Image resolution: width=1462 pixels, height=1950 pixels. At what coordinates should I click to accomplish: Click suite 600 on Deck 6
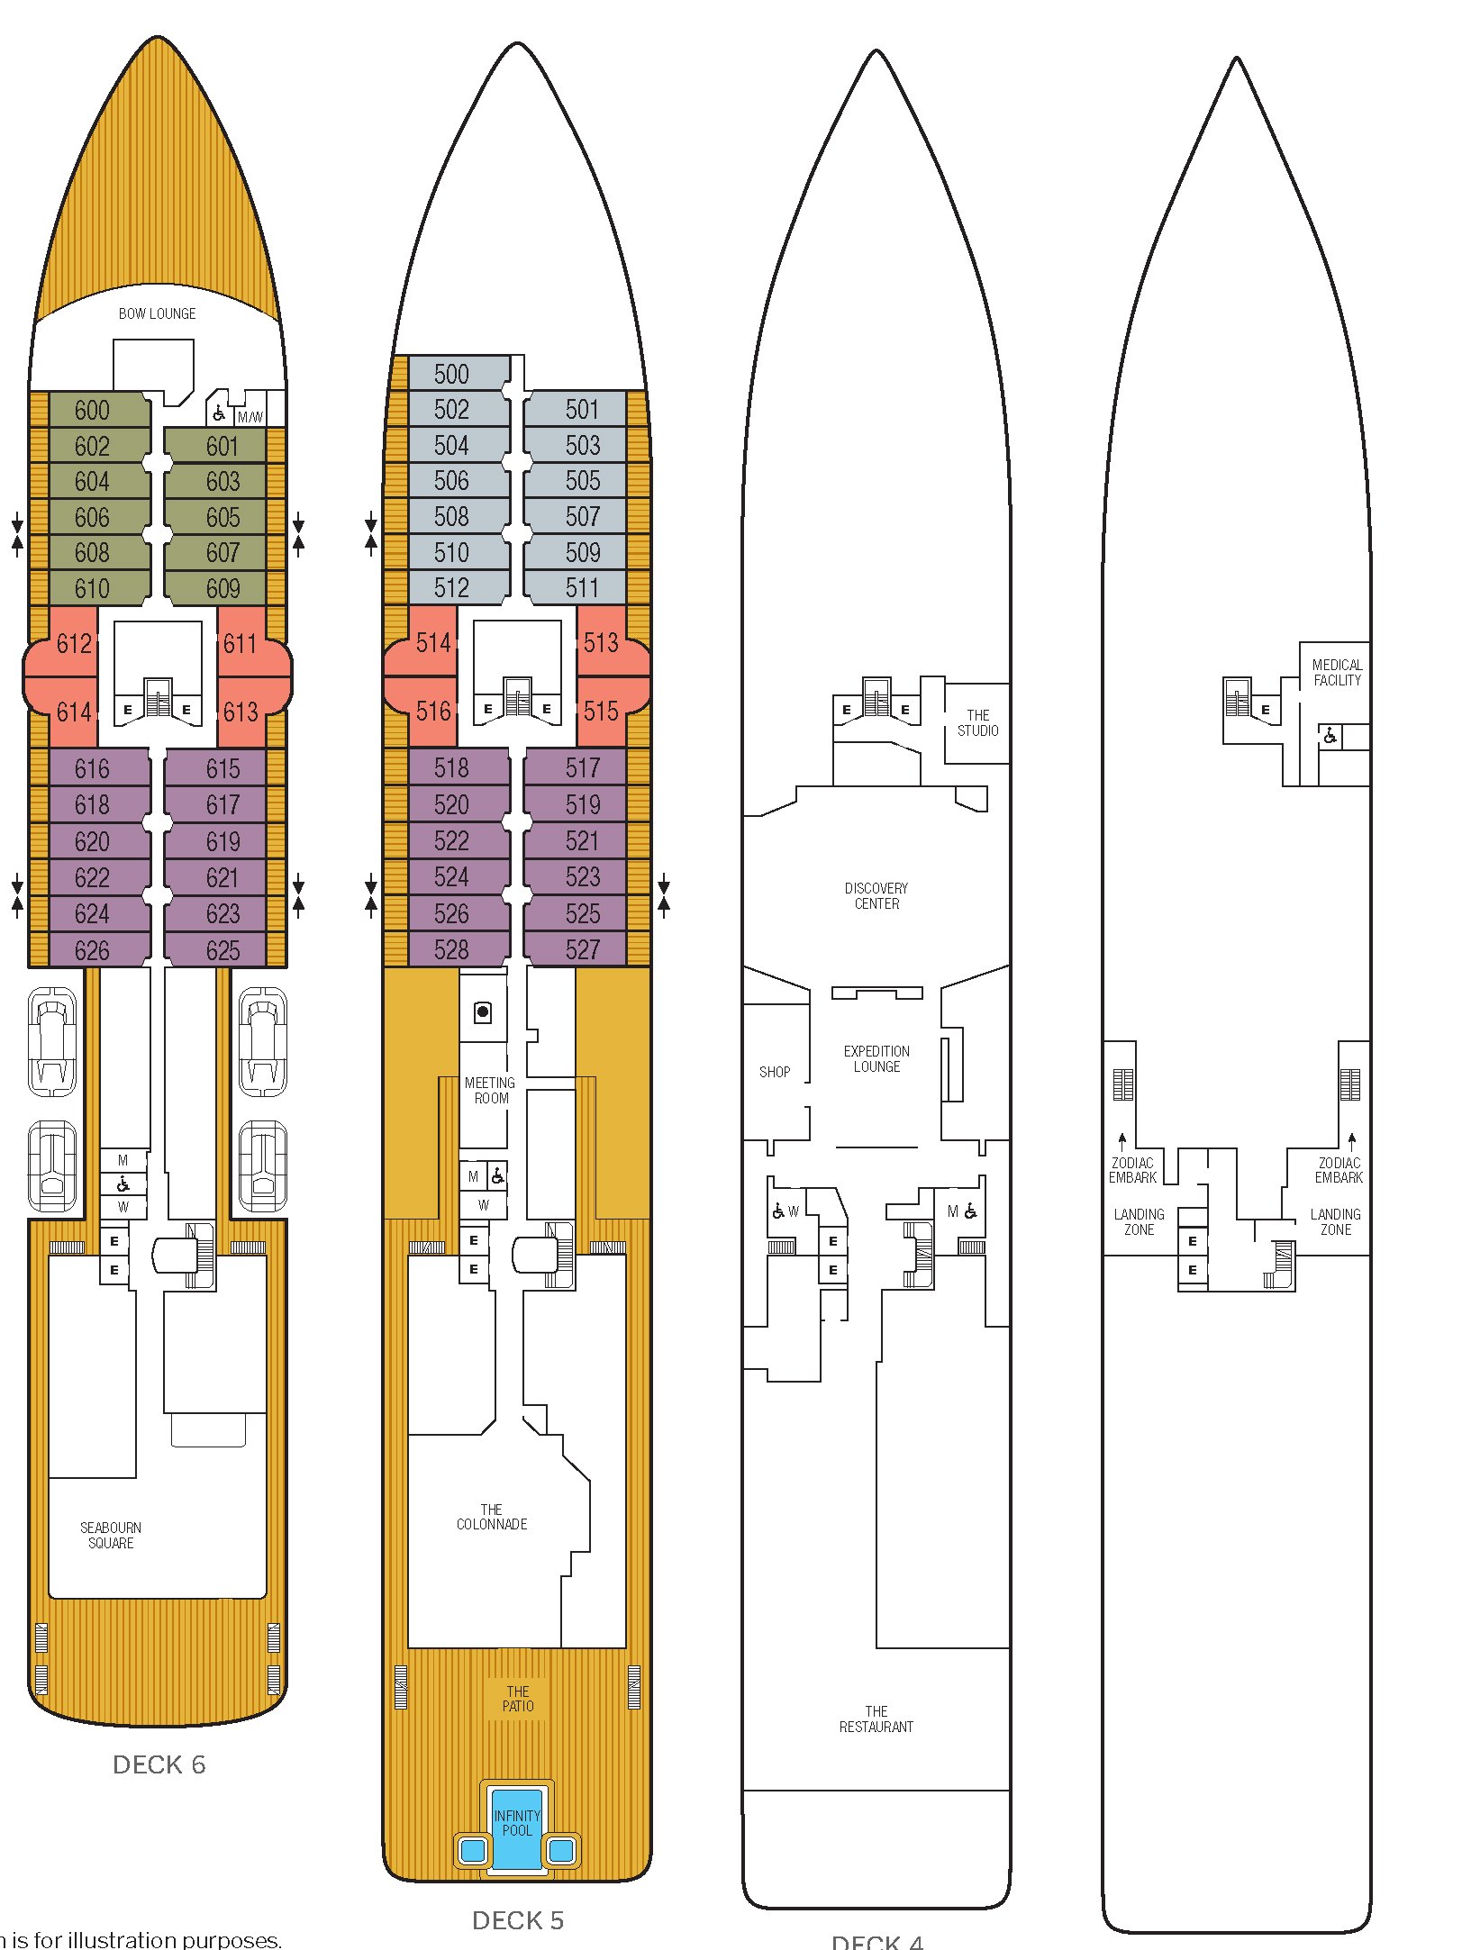pos(92,411)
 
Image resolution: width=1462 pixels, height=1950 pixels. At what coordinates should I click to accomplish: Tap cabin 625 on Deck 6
pos(222,950)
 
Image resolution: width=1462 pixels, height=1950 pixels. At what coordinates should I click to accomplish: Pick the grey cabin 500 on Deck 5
pos(451,374)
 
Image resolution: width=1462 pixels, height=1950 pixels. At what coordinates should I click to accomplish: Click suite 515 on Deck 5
pos(601,712)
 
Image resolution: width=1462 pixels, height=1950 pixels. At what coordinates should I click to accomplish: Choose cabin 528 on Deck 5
pos(451,950)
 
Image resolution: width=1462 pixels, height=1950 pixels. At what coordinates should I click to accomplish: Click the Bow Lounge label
pos(157,313)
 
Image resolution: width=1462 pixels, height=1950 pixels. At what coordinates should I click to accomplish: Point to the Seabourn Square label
pos(110,1535)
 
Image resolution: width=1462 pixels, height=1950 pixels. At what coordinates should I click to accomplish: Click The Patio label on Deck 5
pos(518,1699)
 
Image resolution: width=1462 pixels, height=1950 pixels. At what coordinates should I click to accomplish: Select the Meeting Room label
pos(490,1090)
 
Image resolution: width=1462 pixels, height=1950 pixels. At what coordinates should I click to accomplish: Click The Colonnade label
pos(492,1517)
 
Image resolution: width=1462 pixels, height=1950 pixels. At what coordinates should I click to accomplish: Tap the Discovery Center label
pos(876,895)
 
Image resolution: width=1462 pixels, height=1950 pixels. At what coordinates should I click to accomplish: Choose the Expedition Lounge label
pos(876,1058)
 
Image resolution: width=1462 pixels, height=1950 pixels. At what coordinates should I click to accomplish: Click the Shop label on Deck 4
pos(775,1072)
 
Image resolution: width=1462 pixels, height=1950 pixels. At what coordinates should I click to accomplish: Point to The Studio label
pos(977,722)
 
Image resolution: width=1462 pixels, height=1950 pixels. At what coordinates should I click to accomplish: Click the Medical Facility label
pos(1337,672)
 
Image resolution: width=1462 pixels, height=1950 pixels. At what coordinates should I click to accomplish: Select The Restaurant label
pos(876,1719)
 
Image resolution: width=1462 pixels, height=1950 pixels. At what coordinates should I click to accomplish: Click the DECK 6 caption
pos(159,1764)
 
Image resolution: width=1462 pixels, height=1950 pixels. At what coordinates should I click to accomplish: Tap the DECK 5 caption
pos(517,1920)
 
